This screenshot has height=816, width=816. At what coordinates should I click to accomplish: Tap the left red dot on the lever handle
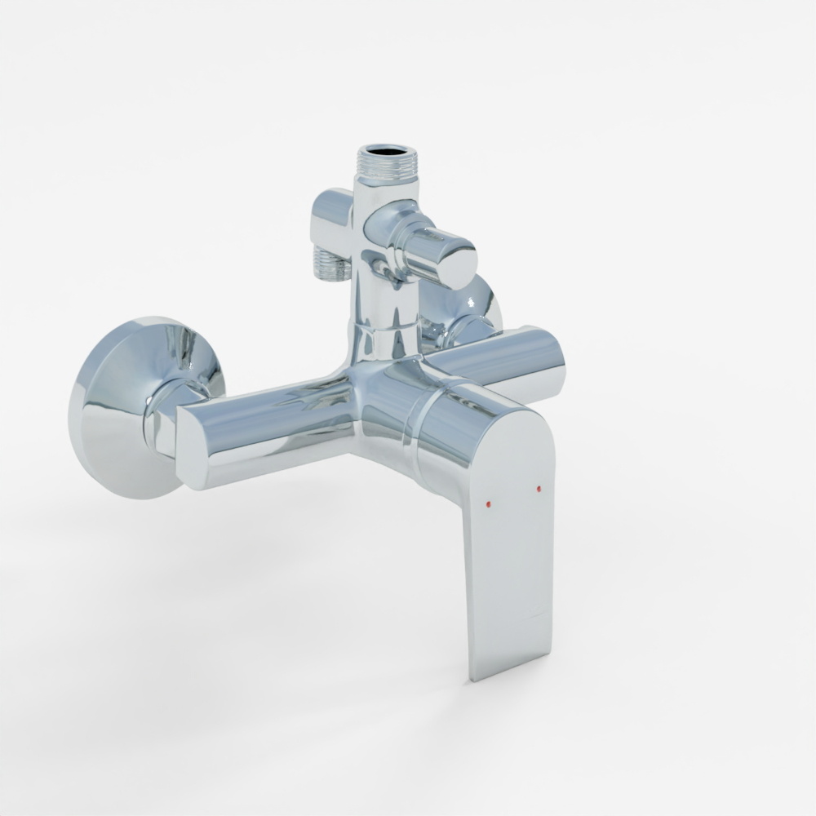488,504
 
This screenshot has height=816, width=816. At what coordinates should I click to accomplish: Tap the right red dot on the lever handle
539,489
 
